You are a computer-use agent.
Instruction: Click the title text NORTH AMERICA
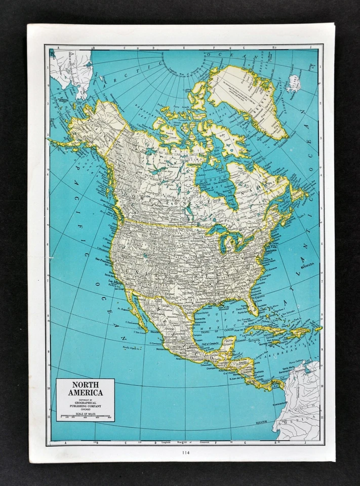pos(85,388)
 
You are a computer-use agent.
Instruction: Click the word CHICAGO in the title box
pos(85,409)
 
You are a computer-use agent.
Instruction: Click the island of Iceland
pos(294,82)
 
